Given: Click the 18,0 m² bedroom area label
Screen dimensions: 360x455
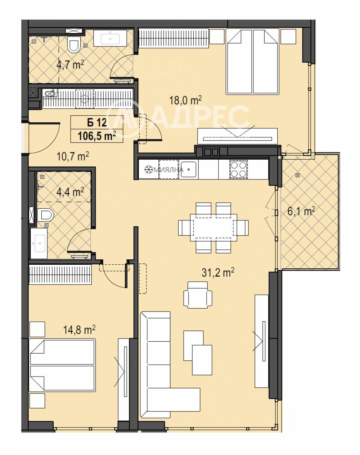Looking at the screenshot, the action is tap(185, 100).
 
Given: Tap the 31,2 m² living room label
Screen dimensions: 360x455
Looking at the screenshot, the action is tap(218, 272).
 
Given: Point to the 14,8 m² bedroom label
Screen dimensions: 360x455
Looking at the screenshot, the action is tap(79, 330).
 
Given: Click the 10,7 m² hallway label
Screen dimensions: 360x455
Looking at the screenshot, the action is tap(73, 156).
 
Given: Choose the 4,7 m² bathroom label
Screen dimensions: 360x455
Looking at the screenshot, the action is tap(70, 64).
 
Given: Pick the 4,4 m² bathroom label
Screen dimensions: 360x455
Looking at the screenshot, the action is tap(70, 192).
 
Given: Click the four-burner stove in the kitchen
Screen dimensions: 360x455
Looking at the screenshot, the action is tap(239, 169).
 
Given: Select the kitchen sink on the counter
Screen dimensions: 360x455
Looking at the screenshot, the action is tap(189, 169).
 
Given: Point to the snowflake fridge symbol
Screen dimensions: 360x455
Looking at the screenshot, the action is tap(149, 169).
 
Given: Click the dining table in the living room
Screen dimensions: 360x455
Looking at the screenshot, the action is tap(213, 227).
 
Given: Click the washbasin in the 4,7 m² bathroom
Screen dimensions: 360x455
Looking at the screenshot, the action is tap(110, 38).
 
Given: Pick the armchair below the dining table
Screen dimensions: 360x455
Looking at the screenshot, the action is tap(198, 295).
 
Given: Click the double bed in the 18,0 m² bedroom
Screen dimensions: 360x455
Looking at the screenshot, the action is tap(252, 62).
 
